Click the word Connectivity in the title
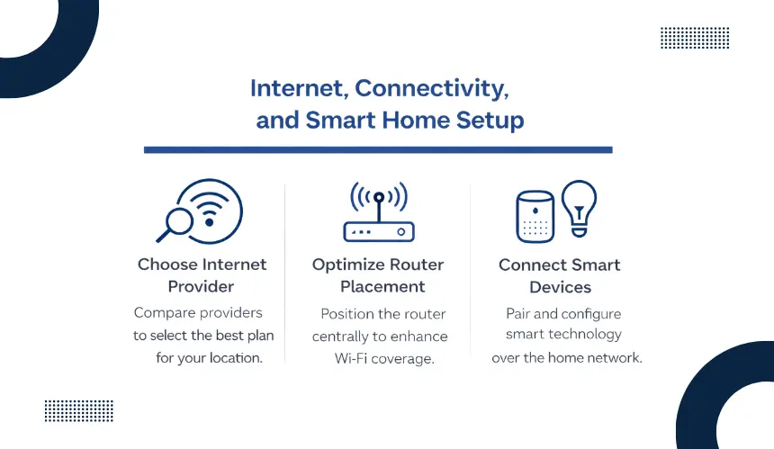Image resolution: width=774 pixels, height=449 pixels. pyautogui.click(x=431, y=88)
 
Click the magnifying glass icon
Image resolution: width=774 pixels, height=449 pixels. pyautogui.click(x=175, y=225)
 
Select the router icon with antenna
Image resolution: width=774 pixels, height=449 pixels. pyautogui.click(x=379, y=211)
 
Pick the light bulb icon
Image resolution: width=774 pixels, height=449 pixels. pyautogui.click(x=580, y=208)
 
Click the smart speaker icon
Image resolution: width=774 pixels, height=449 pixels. pyautogui.click(x=535, y=217)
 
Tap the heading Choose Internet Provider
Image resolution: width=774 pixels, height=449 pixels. pyautogui.click(x=202, y=275)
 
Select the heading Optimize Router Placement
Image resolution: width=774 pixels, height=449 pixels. pyautogui.click(x=378, y=275)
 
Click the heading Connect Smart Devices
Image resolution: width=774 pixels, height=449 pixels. pyautogui.click(x=560, y=276)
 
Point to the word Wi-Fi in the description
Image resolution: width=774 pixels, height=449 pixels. pyautogui.click(x=350, y=358)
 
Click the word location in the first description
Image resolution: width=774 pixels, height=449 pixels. pyautogui.click(x=236, y=358)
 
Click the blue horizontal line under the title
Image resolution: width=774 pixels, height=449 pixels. pyautogui.click(x=378, y=150)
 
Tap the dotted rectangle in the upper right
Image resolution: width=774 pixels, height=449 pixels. pyautogui.click(x=695, y=38)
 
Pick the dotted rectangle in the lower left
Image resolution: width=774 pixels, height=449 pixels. pyautogui.click(x=79, y=411)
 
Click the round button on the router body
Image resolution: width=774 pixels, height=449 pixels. pyautogui.click(x=401, y=231)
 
